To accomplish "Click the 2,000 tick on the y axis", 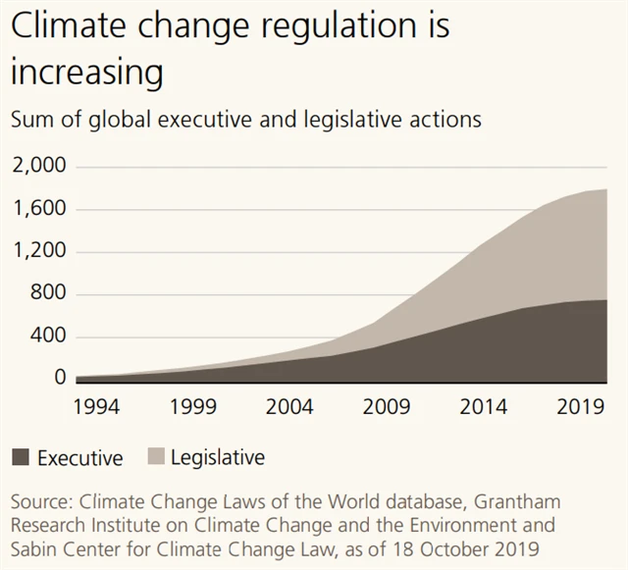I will point(38,167).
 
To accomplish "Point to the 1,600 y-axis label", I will point(39,209).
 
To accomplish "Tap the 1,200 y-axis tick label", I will point(39,251).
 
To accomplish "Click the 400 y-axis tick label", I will point(48,337).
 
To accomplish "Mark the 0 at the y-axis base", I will point(60,378).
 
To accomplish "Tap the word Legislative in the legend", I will point(218,457).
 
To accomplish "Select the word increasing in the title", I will point(87,75).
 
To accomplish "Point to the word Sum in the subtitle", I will point(30,121).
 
